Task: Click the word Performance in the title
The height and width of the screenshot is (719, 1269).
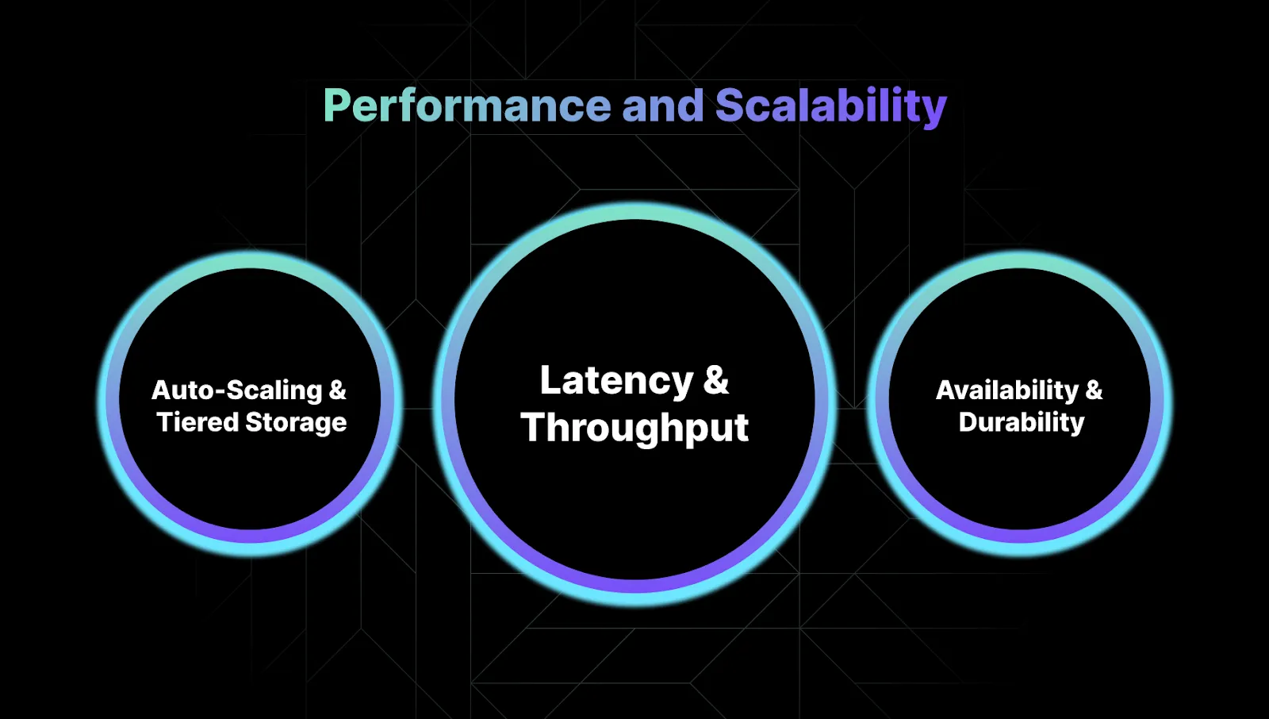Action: (467, 106)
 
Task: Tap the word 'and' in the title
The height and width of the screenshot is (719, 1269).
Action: (663, 106)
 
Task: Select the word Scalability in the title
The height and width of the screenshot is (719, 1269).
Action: (831, 106)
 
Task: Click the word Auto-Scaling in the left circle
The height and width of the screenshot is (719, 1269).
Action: (237, 390)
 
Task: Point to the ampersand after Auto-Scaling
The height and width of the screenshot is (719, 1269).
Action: (338, 390)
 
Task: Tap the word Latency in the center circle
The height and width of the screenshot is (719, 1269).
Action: (616, 381)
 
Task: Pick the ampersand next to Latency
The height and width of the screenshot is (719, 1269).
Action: (715, 380)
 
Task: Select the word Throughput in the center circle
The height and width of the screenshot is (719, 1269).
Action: (634, 429)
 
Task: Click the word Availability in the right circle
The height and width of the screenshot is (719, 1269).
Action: (1007, 390)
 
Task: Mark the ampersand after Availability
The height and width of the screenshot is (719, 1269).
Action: (1094, 390)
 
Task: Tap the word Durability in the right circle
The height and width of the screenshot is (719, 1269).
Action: (1022, 422)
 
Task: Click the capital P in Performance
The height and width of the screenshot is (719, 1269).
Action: (336, 106)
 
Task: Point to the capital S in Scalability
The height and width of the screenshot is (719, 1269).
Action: (729, 106)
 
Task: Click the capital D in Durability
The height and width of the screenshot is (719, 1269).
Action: (968, 422)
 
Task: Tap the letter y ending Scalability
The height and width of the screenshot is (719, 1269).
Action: (937, 110)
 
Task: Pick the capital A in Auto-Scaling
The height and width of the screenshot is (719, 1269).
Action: (162, 390)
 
